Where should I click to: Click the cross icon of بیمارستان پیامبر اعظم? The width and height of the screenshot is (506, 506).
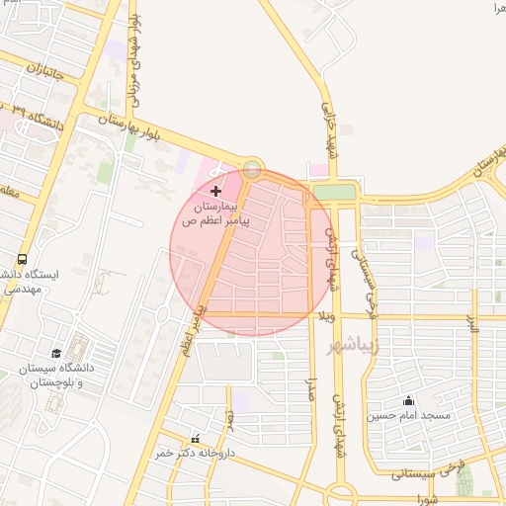(x=217, y=188)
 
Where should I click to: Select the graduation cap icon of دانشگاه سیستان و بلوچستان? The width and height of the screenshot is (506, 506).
(x=56, y=354)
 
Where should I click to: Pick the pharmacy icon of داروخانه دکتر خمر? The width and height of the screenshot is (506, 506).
(x=195, y=438)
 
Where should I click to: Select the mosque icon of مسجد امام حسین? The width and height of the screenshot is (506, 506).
(x=407, y=401)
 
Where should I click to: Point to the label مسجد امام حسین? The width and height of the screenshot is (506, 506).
(x=409, y=416)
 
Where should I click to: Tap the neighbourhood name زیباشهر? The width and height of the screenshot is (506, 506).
(x=346, y=345)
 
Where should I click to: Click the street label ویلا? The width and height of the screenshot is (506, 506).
(x=327, y=316)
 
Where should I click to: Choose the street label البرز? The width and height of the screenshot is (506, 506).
(x=473, y=324)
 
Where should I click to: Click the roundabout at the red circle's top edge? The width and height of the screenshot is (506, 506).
(x=253, y=169)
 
